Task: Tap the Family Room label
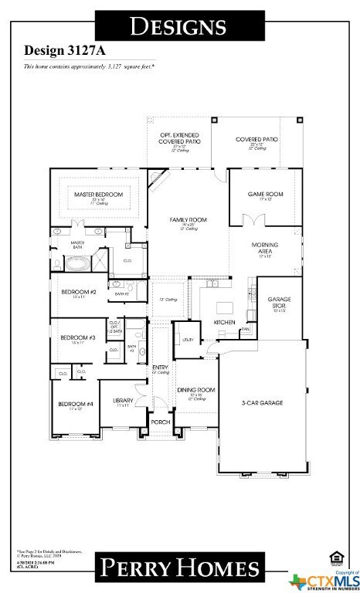(185, 220)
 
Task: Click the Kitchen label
(223, 321)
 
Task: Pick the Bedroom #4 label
(75, 404)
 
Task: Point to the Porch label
(160, 422)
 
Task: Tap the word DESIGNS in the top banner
(178, 26)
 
